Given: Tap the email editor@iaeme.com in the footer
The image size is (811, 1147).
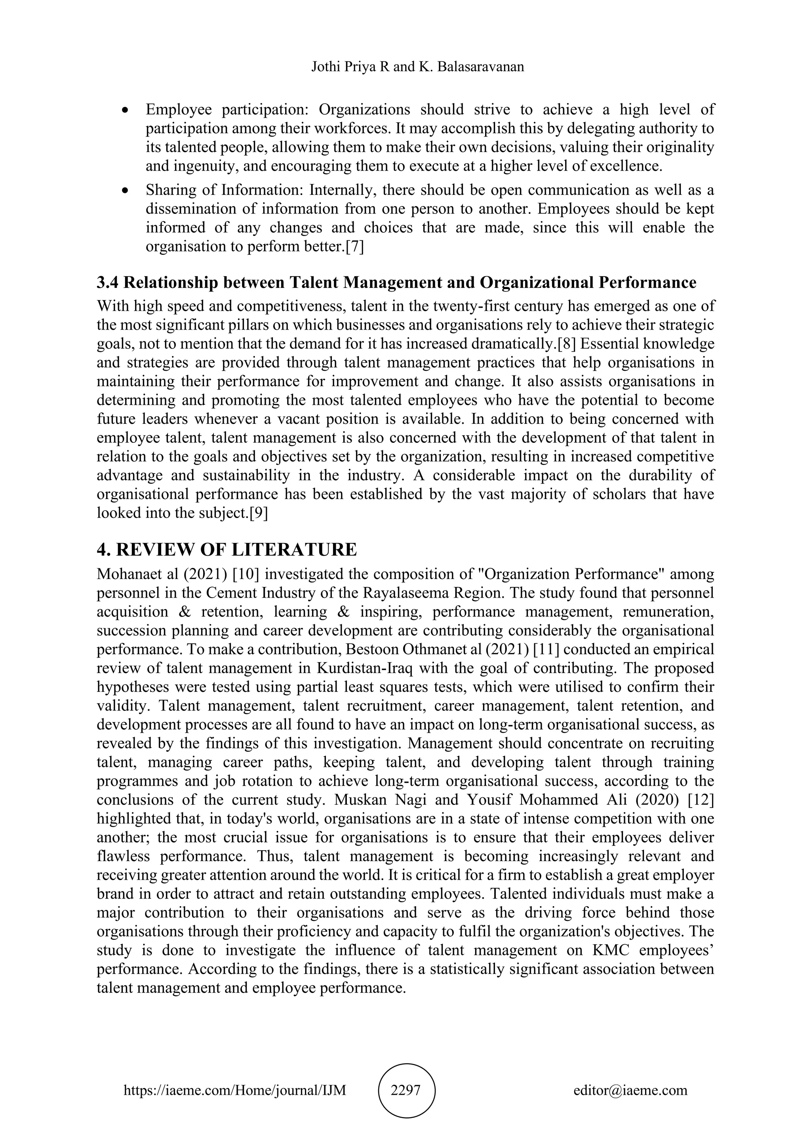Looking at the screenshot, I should (x=630, y=1090).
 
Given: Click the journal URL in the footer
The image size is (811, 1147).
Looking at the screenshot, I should (x=235, y=1090).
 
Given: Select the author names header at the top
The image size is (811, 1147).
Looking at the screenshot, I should (x=417, y=67).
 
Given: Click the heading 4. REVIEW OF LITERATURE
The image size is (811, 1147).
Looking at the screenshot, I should (x=227, y=549).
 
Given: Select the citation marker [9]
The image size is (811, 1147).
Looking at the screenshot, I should (x=258, y=514).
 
